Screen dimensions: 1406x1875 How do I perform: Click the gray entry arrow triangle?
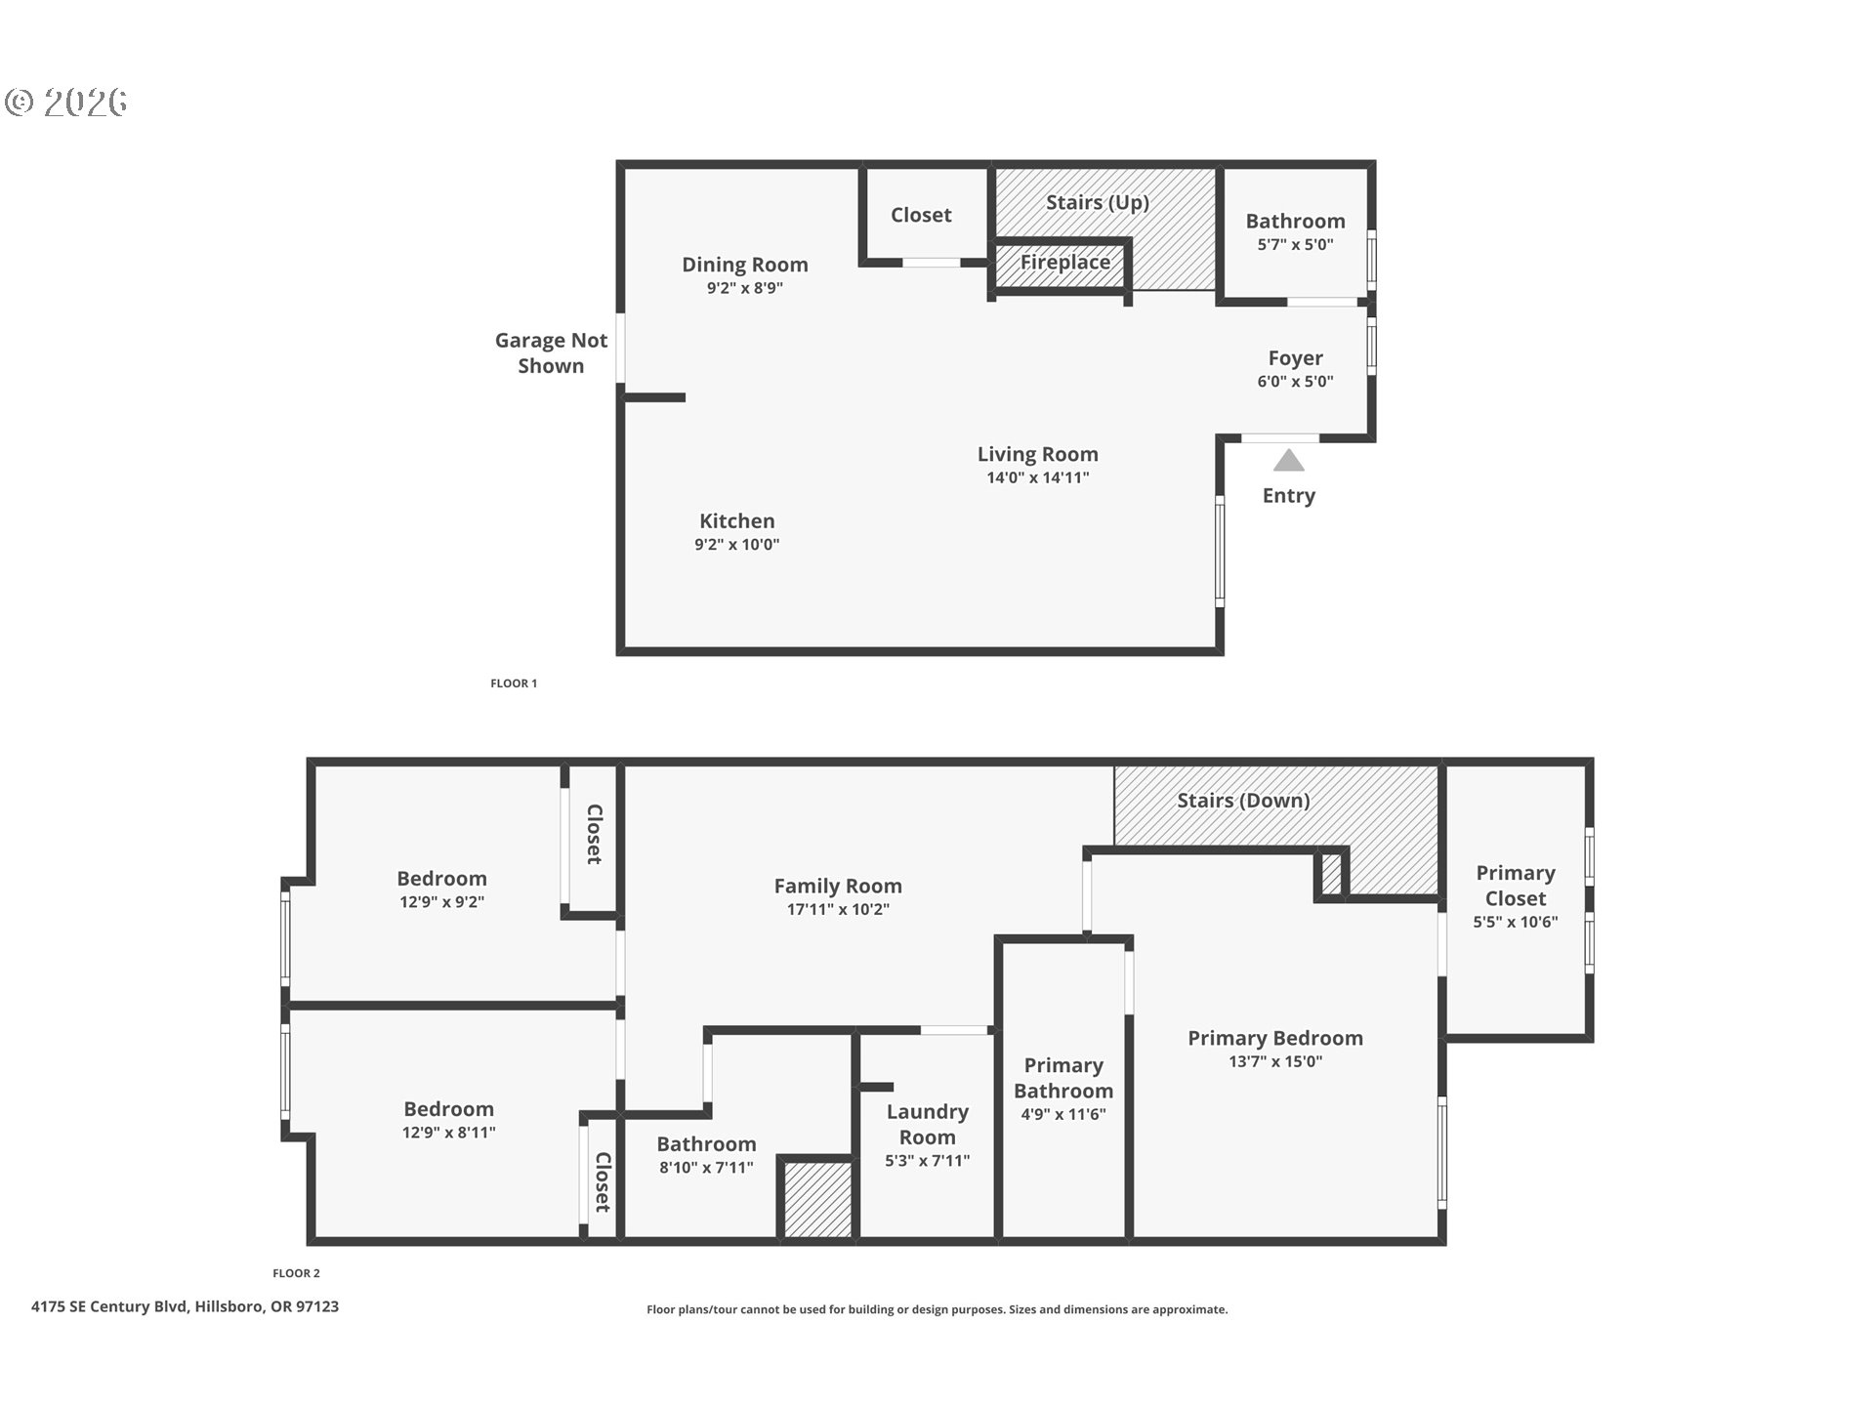[1288, 461]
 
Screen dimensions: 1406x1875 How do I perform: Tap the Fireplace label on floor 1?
[1064, 263]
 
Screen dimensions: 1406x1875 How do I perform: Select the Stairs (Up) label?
[1097, 202]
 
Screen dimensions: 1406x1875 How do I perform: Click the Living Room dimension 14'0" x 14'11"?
[1037, 477]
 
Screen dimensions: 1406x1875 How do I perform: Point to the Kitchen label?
[736, 521]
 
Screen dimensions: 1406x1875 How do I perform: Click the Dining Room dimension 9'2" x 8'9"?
[744, 288]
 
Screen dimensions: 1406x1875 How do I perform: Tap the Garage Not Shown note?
[551, 352]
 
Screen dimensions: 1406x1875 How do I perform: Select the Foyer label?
[1295, 358]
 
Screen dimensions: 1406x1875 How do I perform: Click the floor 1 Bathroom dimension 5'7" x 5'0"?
[1295, 245]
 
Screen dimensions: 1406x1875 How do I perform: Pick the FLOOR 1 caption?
[514, 683]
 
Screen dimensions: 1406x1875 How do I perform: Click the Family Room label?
[838, 886]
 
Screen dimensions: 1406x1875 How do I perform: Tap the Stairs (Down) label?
[1242, 801]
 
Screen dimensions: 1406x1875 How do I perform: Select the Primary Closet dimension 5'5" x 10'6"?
[1515, 922]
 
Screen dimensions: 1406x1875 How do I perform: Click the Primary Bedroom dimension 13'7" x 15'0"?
[1274, 1061]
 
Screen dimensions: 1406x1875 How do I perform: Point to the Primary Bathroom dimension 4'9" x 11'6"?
[1062, 1114]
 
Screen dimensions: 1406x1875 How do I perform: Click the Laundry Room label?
[927, 1124]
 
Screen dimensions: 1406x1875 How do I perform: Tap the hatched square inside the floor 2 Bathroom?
[817, 1199]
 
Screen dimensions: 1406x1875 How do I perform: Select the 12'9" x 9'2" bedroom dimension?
[441, 902]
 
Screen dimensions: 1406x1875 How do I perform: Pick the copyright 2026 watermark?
[66, 103]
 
